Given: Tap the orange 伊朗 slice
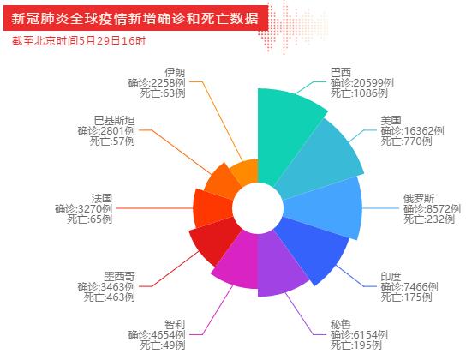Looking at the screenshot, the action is click(x=245, y=172).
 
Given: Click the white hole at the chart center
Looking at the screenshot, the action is click(x=258, y=208).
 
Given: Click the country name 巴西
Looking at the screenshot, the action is click(x=341, y=73).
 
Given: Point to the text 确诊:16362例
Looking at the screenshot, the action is click(x=412, y=131).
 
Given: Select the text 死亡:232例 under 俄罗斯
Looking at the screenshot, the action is click(x=429, y=219).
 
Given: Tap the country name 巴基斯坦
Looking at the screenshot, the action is click(x=114, y=121).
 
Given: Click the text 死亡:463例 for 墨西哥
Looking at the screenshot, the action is click(x=109, y=297).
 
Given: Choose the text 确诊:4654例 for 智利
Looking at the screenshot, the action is click(x=157, y=335).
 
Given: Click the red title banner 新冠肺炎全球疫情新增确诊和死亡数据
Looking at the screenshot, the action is click(x=136, y=18).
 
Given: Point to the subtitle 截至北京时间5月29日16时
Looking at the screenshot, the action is click(x=79, y=41).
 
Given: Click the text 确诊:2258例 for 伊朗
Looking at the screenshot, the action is click(x=157, y=83).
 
